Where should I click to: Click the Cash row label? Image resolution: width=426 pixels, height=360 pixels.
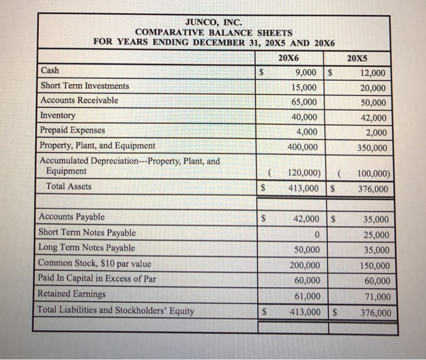point(50,71)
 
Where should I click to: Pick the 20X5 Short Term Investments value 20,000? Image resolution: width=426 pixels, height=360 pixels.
point(372,88)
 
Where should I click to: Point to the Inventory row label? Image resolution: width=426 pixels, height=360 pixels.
point(58,116)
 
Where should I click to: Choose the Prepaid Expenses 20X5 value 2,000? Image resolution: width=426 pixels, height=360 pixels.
point(375,133)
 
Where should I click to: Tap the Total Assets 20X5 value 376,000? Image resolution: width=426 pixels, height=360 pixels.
point(372,189)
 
